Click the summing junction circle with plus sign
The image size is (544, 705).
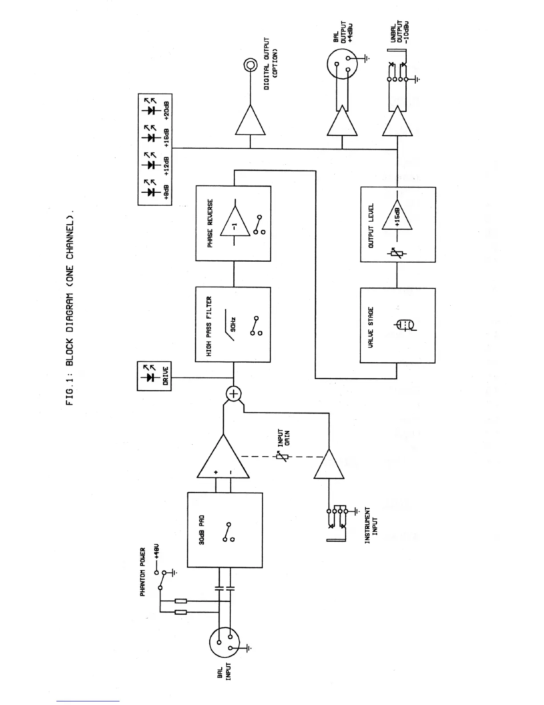pyautogui.click(x=234, y=393)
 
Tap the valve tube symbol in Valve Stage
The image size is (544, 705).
pyautogui.click(x=404, y=326)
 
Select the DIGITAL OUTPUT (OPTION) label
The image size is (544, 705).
pyautogui.click(x=271, y=64)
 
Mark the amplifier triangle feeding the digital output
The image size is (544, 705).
pyautogui.click(x=251, y=121)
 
